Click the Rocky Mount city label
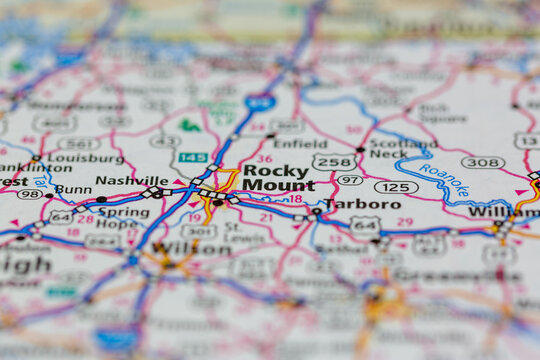click(x=277, y=178)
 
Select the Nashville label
click(x=132, y=181)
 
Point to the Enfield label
click(x=300, y=144)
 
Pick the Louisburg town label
click(x=86, y=157)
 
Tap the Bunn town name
click(x=73, y=189)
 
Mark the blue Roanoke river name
click(x=443, y=182)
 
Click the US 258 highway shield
click(x=334, y=161)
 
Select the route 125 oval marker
click(x=396, y=187)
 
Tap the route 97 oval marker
click(x=349, y=180)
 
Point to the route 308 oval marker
click(x=483, y=162)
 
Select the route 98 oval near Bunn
click(x=30, y=194)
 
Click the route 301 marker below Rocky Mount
click(x=198, y=230)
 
